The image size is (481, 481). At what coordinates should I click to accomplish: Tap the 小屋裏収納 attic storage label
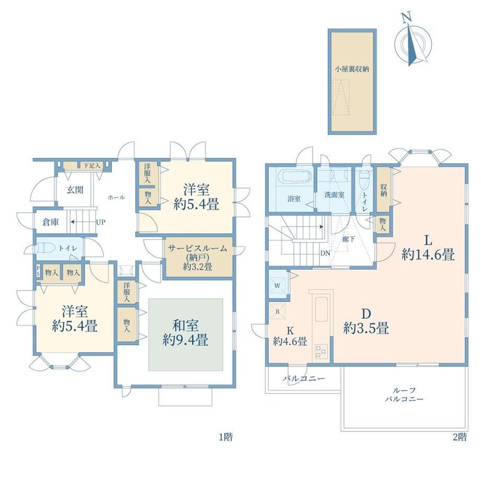pyautogui.click(x=351, y=69)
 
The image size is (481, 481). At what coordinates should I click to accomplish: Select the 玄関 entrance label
pyautogui.click(x=75, y=190)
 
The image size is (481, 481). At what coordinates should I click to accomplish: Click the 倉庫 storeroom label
pyautogui.click(x=51, y=222)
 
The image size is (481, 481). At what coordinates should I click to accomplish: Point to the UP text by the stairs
pyautogui.click(x=100, y=222)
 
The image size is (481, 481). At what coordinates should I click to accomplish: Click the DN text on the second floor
pyautogui.click(x=325, y=254)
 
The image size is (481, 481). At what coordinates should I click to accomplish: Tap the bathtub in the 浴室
pyautogui.click(x=294, y=177)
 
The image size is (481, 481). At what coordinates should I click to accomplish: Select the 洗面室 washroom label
pyautogui.click(x=334, y=195)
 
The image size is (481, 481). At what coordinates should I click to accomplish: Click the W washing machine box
pyautogui.click(x=277, y=286)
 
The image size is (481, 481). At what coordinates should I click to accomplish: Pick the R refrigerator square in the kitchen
pyautogui.click(x=277, y=312)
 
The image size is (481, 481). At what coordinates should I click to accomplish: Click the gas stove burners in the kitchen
pyautogui.click(x=321, y=351)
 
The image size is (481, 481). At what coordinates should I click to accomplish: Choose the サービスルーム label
pyautogui.click(x=198, y=248)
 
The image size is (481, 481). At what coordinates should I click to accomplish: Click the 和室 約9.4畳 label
pyautogui.click(x=186, y=333)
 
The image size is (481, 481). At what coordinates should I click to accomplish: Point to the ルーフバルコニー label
pyautogui.click(x=404, y=395)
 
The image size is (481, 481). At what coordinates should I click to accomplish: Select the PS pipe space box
pyautogui.click(x=38, y=271)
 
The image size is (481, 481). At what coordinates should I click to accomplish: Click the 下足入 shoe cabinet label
pyautogui.click(x=92, y=166)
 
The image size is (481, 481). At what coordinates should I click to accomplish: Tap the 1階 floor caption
pyautogui.click(x=225, y=437)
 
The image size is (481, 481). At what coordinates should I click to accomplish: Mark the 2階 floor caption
pyautogui.click(x=460, y=437)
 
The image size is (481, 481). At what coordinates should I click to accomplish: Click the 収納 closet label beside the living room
pyautogui.click(x=383, y=190)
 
